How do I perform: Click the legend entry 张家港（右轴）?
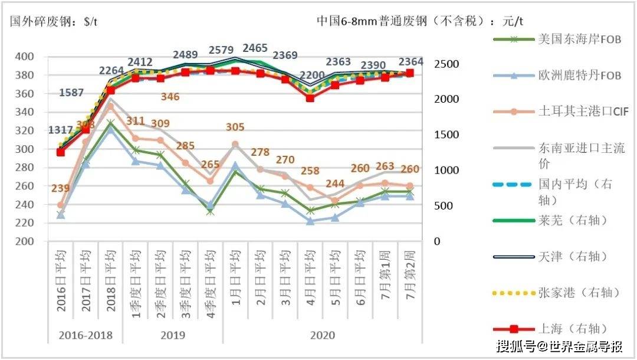click(571, 293)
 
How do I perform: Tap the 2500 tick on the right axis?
click(445, 63)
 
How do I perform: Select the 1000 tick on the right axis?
click(445, 170)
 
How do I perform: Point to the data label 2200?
click(313, 75)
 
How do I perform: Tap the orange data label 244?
click(335, 183)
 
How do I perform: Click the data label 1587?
click(71, 93)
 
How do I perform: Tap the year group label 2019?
click(173, 336)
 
